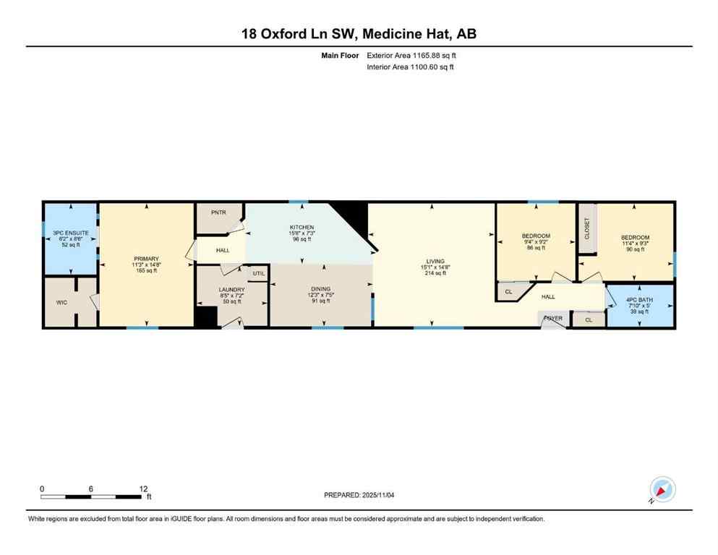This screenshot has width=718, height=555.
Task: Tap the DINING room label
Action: (321, 289)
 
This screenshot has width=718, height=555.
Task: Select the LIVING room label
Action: (435, 262)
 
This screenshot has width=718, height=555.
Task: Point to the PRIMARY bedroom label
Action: (145, 259)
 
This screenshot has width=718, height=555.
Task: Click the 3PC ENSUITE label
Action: (70, 233)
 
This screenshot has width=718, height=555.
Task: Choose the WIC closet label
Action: (61, 302)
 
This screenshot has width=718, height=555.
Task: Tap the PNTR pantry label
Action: (218, 212)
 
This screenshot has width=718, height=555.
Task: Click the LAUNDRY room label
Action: (232, 290)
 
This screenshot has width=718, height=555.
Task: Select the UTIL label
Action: (259, 273)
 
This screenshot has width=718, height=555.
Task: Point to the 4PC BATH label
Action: (639, 298)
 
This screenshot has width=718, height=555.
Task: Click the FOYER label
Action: (553, 318)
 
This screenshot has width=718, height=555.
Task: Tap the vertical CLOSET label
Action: (586, 228)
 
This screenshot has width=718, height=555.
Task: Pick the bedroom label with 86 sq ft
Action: (536, 236)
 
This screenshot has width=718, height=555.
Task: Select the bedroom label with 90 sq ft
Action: (635, 238)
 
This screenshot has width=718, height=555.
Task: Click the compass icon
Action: (662, 489)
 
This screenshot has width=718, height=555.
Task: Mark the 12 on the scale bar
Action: (143, 489)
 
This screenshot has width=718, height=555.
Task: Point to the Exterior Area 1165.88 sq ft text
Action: (411, 55)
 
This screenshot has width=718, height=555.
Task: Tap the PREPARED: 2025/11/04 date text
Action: (359, 494)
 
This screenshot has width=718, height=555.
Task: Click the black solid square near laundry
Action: (206, 317)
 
